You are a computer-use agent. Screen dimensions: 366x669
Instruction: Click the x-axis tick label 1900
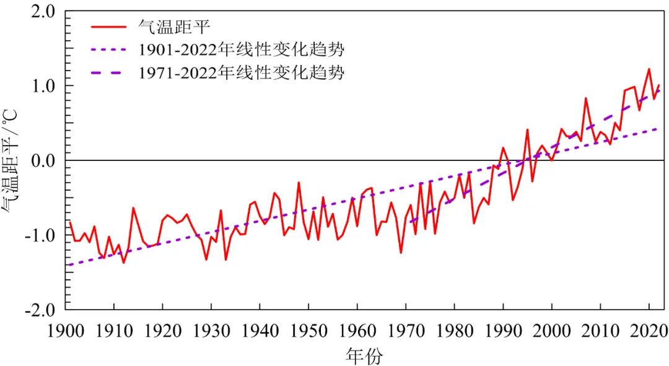point(65,328)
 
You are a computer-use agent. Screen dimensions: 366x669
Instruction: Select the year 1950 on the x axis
point(308,328)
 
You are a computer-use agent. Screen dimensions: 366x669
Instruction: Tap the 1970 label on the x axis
point(406,328)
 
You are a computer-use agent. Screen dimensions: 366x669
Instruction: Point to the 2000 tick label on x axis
point(552,328)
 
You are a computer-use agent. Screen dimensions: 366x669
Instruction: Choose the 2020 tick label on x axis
point(649,328)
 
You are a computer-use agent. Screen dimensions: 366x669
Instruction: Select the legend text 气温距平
point(174,27)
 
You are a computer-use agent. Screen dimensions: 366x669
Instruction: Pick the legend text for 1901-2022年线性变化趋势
point(241,50)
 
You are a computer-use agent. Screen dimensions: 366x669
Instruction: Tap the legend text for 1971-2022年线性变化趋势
point(241,72)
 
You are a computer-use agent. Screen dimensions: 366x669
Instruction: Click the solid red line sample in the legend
point(109,27)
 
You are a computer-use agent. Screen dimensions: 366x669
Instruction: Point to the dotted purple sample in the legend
point(109,50)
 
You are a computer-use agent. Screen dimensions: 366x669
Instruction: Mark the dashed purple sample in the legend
point(109,72)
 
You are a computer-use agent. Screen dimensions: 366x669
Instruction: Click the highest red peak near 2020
point(649,69)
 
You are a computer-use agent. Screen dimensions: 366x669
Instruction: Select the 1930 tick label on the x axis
point(211,328)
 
